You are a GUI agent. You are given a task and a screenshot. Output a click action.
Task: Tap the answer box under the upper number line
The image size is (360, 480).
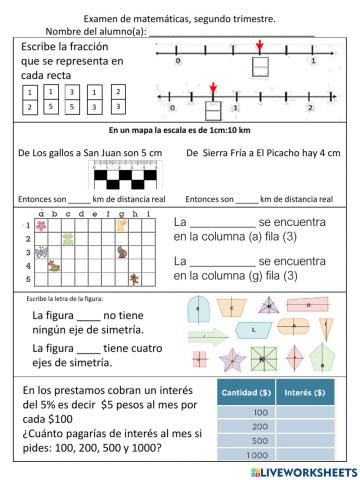[x=259, y=68]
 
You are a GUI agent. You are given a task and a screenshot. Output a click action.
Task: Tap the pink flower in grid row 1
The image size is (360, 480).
[x=40, y=226]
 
